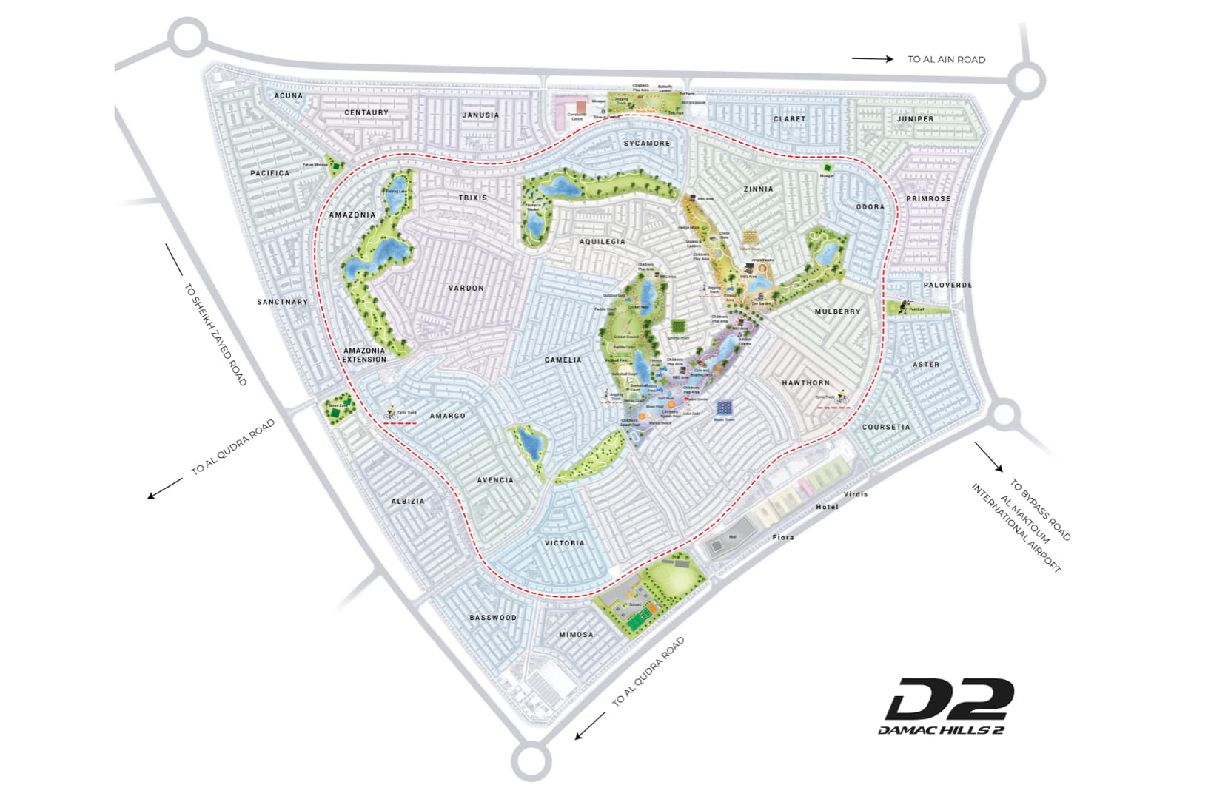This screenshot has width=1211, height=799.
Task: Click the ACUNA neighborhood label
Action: pyautogui.click(x=288, y=95)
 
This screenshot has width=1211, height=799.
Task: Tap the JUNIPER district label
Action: pyautogui.click(x=915, y=118)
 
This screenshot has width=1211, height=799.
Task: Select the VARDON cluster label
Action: pyautogui.click(x=466, y=288)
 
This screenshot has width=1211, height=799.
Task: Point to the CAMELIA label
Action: pyautogui.click(x=563, y=360)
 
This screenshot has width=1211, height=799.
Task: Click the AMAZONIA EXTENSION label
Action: pyautogui.click(x=364, y=355)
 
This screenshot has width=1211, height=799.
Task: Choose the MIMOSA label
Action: pyautogui.click(x=576, y=634)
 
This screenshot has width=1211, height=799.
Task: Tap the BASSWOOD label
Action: pyautogui.click(x=493, y=617)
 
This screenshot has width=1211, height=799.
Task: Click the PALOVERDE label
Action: pyautogui.click(x=947, y=285)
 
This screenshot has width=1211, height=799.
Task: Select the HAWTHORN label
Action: pyautogui.click(x=805, y=382)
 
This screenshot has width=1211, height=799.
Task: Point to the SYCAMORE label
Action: pyautogui.click(x=646, y=143)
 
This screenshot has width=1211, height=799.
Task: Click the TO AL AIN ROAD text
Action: pyautogui.click(x=946, y=59)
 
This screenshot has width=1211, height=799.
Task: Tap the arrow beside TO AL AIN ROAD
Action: pyautogui.click(x=872, y=58)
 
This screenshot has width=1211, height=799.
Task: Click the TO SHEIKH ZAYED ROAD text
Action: pyautogui.click(x=215, y=334)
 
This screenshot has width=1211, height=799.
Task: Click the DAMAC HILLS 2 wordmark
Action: pyautogui.click(x=941, y=730)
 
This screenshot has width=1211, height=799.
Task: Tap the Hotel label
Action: pyautogui.click(x=827, y=507)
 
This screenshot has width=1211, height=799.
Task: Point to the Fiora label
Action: pyautogui.click(x=782, y=537)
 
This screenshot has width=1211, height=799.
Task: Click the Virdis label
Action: pyautogui.click(x=855, y=493)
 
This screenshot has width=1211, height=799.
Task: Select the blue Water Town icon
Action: pyautogui.click(x=724, y=408)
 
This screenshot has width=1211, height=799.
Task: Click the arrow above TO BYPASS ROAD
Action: pyautogui.click(x=988, y=456)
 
